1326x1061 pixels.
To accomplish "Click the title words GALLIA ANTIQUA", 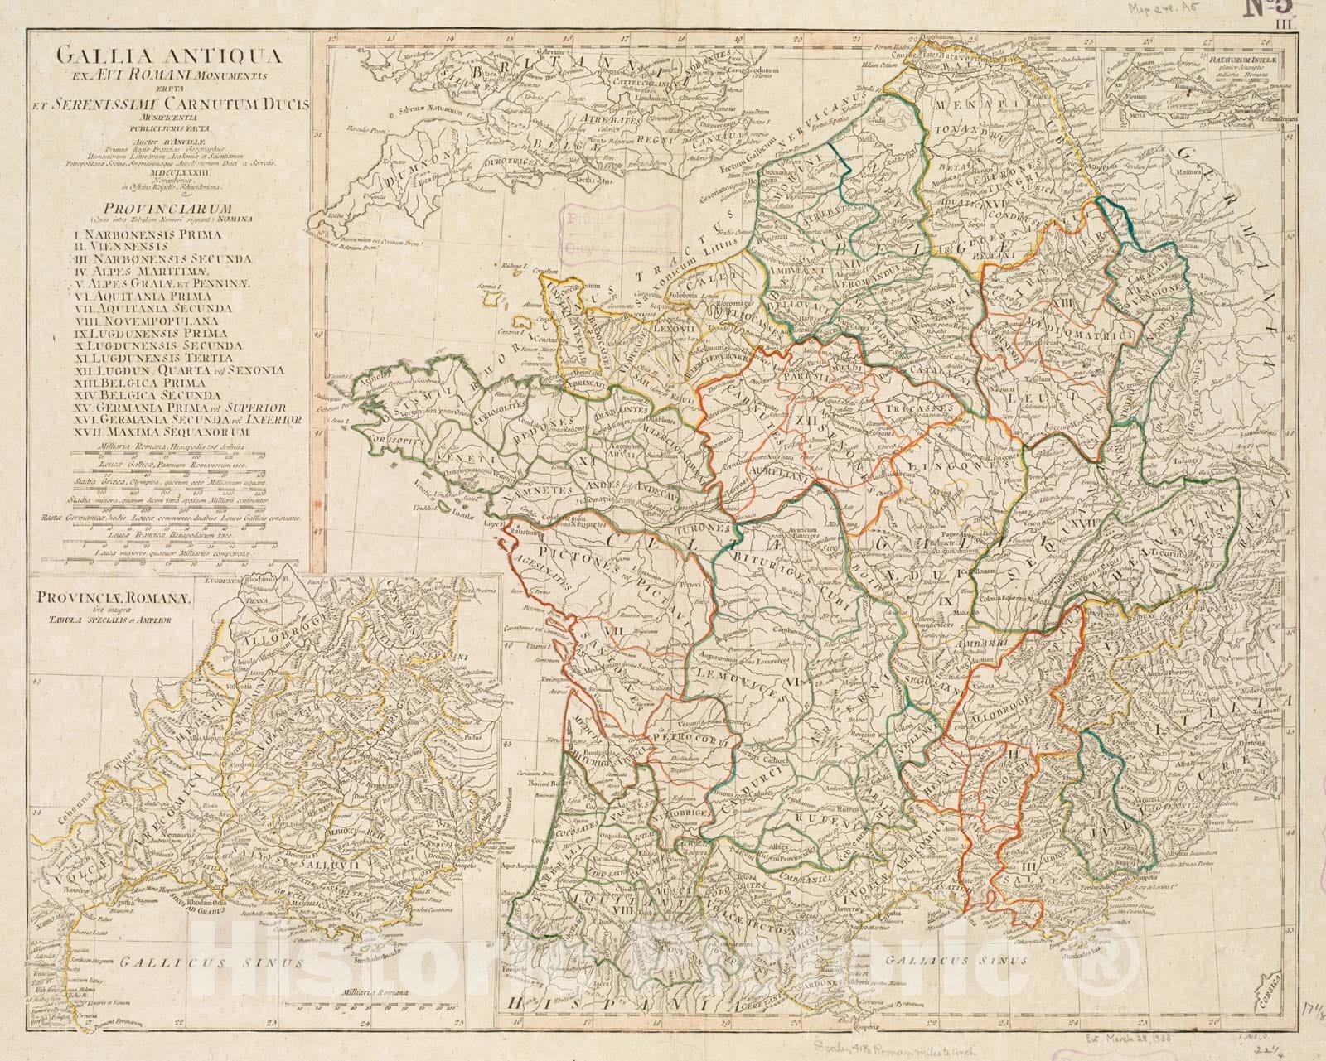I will (x=167, y=57).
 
